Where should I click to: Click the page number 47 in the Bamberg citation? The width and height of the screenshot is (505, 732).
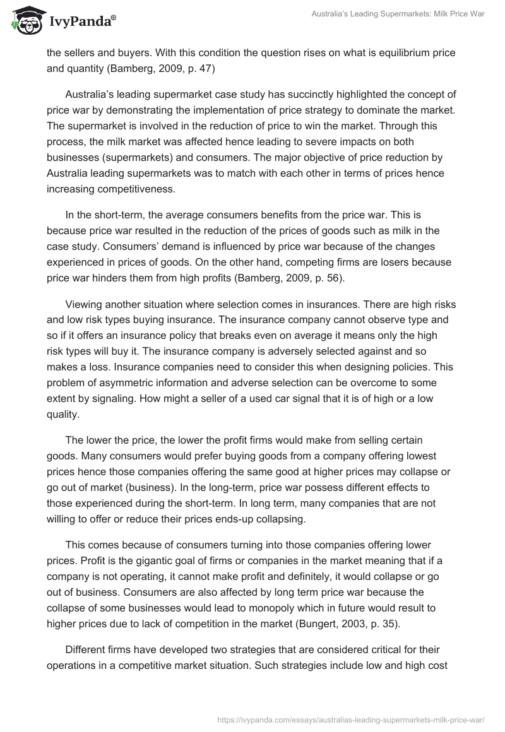click(x=204, y=69)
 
